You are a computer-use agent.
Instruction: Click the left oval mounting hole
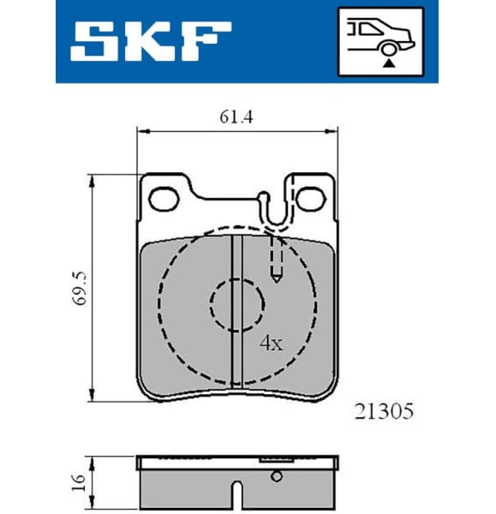pos(163,199)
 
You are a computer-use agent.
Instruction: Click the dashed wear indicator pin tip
pos(277,276)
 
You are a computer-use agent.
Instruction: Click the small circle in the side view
pos(276,476)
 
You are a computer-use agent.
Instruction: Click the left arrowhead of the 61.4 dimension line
pos(143,131)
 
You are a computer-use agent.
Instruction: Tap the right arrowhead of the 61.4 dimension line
pos(332,131)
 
